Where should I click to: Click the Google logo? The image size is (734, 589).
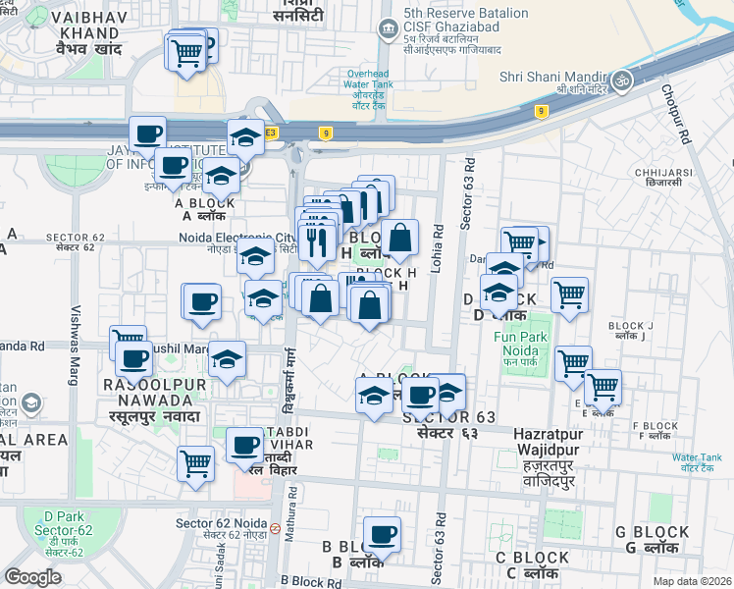[32, 576]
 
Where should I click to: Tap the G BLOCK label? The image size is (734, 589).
[652, 539]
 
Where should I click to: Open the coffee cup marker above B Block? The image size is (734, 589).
[382, 535]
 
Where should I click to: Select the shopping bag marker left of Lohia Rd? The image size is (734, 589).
[400, 238]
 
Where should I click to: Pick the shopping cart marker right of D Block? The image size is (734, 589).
[569, 294]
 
